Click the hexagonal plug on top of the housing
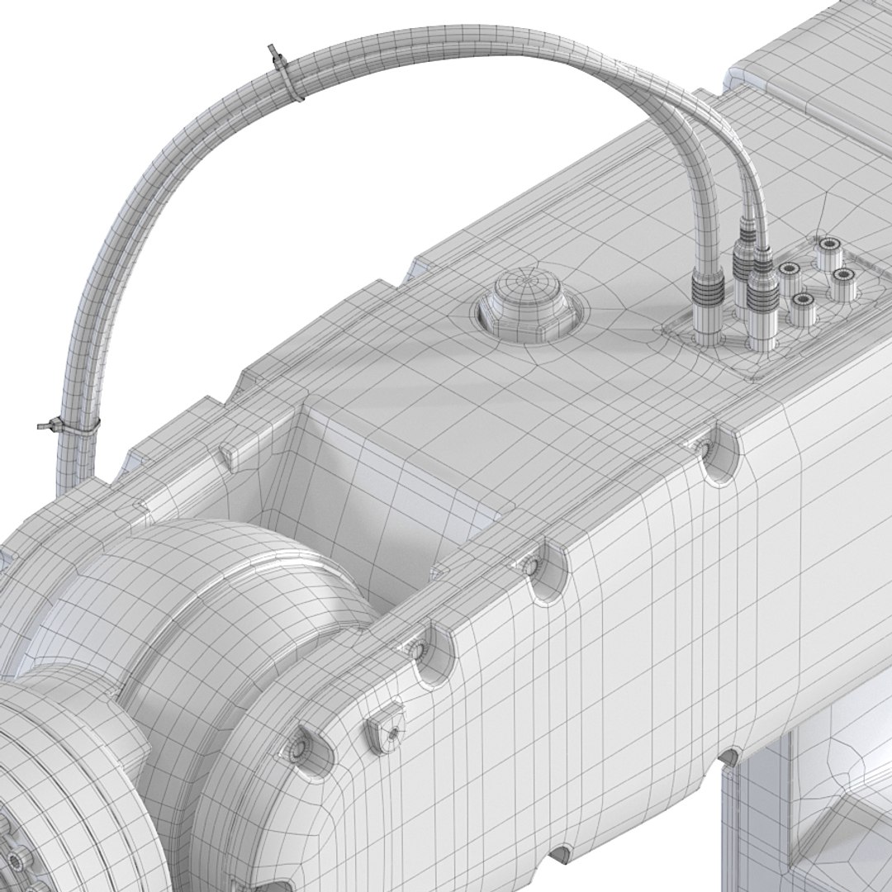527,305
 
